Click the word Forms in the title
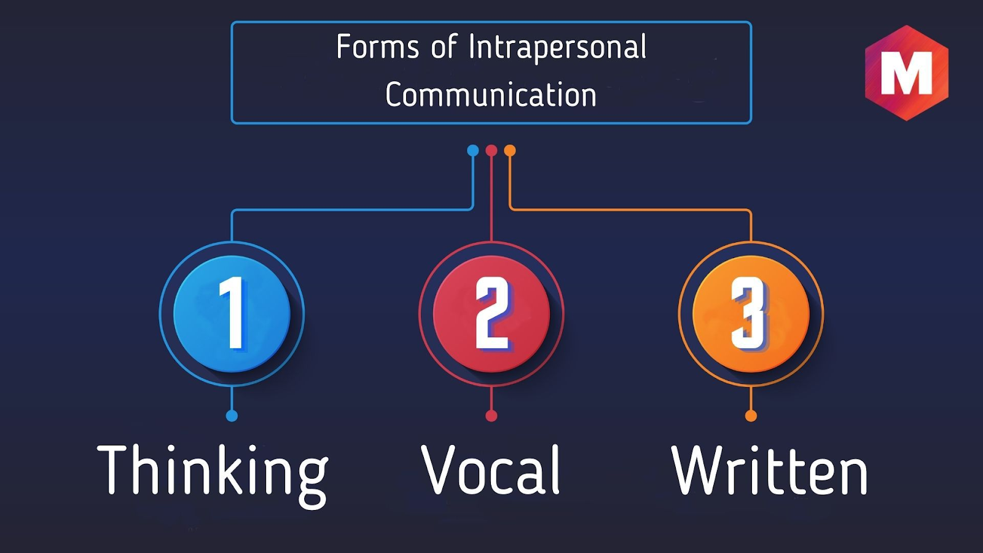click(377, 47)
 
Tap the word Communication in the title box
click(491, 95)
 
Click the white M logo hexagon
click(907, 73)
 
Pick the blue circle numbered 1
click(232, 314)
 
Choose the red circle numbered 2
click(491, 314)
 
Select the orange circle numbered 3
click(751, 314)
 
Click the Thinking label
click(213, 476)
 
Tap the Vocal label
click(491, 469)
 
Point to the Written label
click(769, 470)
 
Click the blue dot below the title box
click(473, 151)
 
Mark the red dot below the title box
click(491, 151)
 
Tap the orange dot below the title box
click(510, 151)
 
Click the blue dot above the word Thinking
click(232, 415)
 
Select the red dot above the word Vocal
click(491, 415)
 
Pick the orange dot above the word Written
click(751, 415)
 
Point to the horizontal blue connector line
click(353, 210)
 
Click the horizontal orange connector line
click(630, 210)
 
